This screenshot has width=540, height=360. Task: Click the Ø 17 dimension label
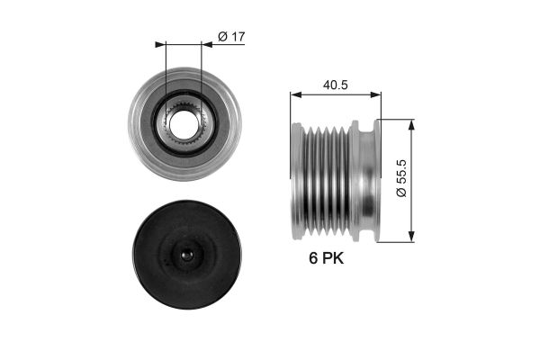tap(231, 36)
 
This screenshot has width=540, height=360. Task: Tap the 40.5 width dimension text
tap(335, 85)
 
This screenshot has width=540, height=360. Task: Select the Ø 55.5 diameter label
tap(401, 178)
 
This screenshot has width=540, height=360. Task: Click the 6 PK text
tap(326, 258)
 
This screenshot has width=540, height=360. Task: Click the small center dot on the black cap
tap(187, 255)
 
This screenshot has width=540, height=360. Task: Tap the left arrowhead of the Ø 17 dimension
tap(160, 44)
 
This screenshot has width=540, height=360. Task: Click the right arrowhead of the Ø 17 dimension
tap(207, 44)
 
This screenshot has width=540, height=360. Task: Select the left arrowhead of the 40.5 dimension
tap(296, 94)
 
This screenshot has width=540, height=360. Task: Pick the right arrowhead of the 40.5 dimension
tap(375, 94)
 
